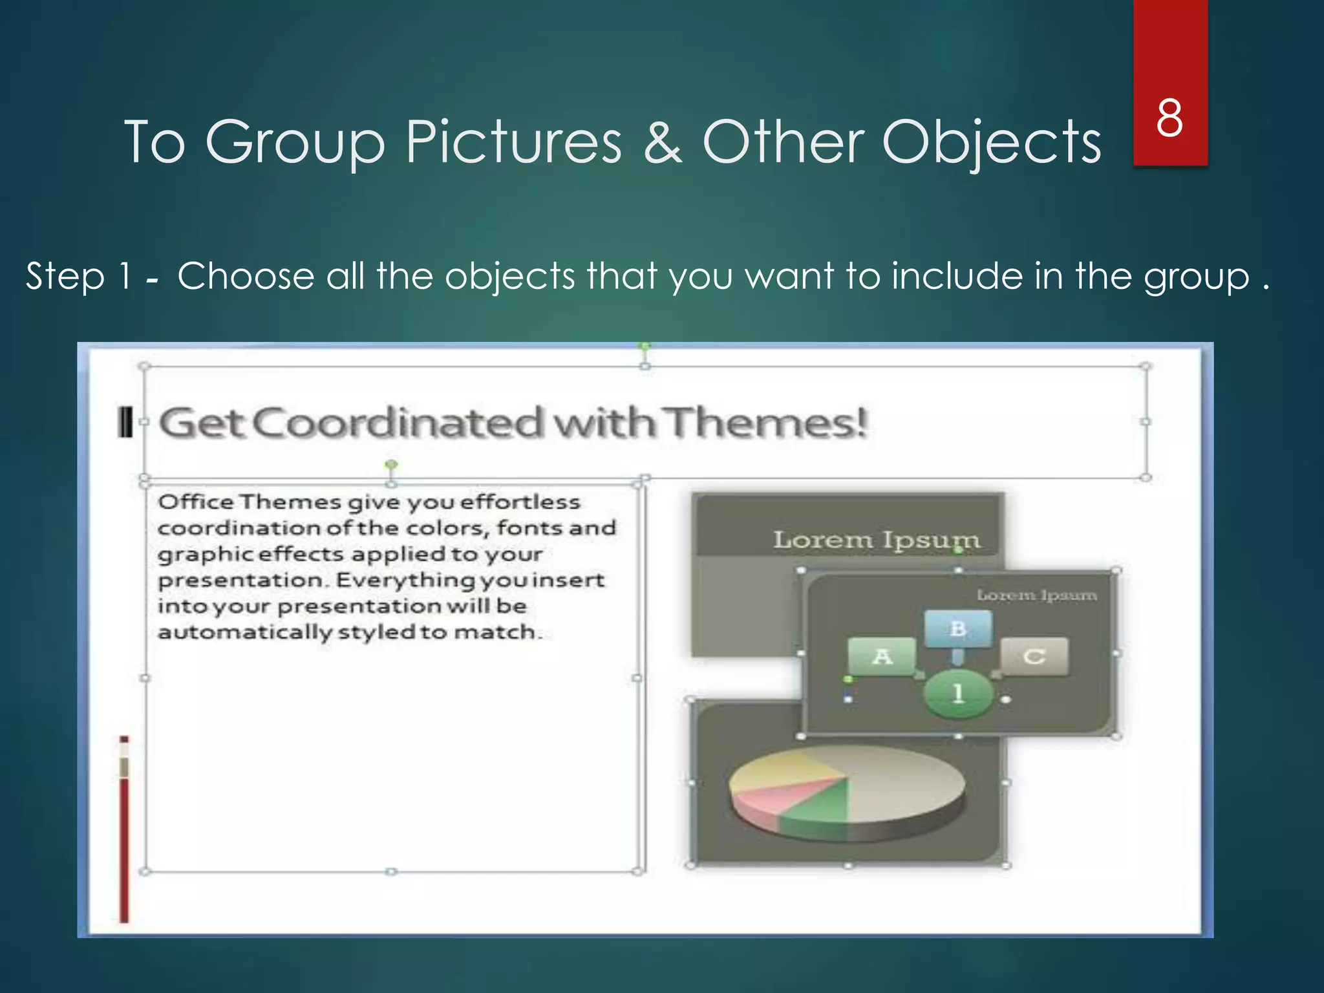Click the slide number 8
tap(1169, 118)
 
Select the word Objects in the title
tap(992, 143)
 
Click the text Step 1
tap(78, 277)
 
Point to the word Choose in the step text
tap(246, 277)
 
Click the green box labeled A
tap(882, 657)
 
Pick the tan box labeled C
tap(1034, 657)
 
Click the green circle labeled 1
tap(958, 694)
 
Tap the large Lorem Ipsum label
tap(876, 540)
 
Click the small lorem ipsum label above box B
tap(1036, 595)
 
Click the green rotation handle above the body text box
tap(391, 465)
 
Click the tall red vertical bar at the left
tap(123, 847)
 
